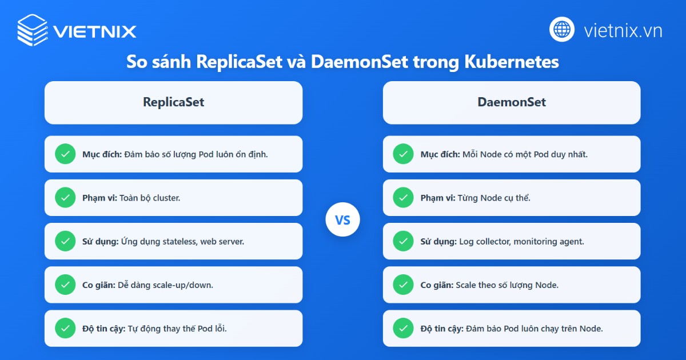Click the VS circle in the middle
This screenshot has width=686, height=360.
point(342,219)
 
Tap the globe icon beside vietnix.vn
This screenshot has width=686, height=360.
point(562,29)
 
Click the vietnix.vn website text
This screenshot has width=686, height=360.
point(623,30)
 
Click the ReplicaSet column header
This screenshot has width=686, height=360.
point(173,102)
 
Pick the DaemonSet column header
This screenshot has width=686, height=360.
point(512,102)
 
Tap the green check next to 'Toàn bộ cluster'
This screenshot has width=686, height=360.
point(65,198)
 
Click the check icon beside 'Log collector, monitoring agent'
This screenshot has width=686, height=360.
point(403,241)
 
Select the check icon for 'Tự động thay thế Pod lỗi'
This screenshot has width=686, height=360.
point(65,329)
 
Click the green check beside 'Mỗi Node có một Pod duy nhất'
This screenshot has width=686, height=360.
point(403,154)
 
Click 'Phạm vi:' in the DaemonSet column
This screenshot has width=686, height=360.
point(438,198)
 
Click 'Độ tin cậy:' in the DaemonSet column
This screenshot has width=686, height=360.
point(442,329)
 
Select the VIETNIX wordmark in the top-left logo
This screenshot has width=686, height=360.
point(94,31)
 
